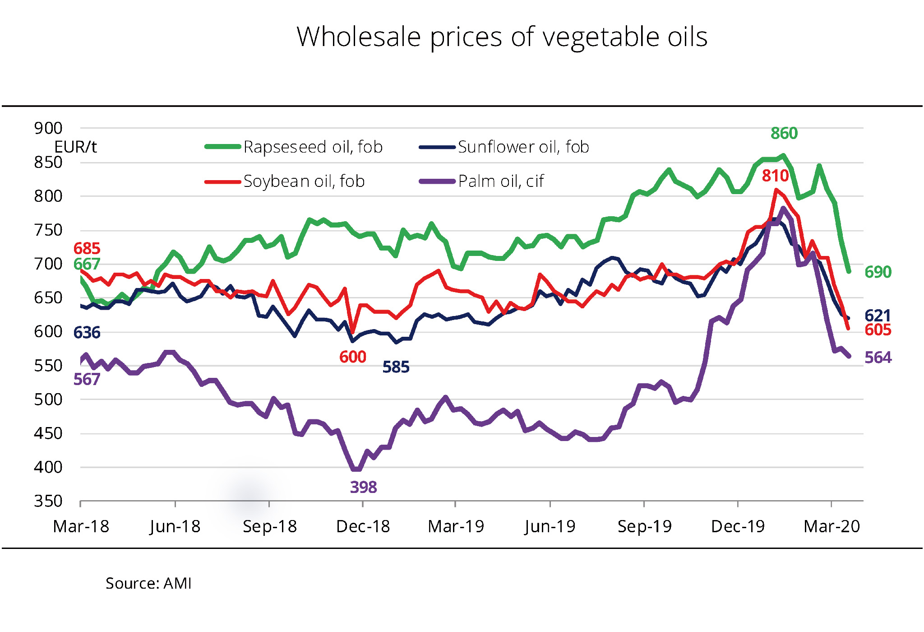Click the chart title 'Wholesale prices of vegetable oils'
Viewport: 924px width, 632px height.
coord(502,37)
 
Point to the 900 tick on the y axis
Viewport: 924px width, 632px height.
coord(48,128)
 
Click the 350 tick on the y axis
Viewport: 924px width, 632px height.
coord(48,501)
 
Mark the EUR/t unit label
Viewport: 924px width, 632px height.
coord(75,147)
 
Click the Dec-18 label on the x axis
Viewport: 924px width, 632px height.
coord(363,526)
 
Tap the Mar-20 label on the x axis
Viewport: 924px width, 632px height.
coord(832,526)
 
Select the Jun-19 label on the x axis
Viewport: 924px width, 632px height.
coord(550,526)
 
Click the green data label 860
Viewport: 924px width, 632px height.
coord(784,134)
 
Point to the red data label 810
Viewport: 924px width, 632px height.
coord(775,176)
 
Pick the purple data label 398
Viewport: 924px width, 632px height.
coord(363,488)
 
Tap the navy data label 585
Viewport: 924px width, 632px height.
coord(396,367)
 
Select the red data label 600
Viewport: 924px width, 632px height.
coord(352,357)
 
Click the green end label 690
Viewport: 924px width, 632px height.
coord(878,272)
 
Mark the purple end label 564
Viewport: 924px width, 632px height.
coord(878,358)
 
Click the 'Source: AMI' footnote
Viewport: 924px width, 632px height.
coord(148,584)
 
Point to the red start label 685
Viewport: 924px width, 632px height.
coord(87,249)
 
